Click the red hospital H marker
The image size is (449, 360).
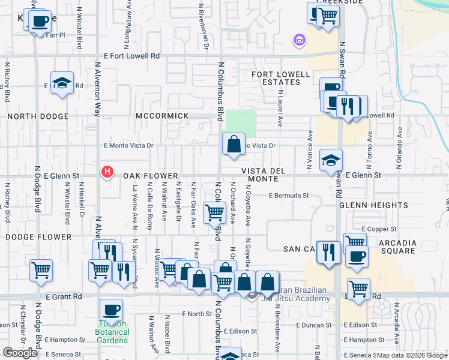pyautogui.click(x=107, y=172)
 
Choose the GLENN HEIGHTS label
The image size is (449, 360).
pyautogui.click(x=373, y=205)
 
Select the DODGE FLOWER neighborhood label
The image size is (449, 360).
pyautogui.click(x=38, y=237)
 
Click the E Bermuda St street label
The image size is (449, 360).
pyautogui.click(x=289, y=196)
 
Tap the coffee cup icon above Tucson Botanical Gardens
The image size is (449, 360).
pyautogui.click(x=111, y=310)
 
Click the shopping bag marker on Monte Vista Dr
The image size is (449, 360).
pyautogui.click(x=234, y=145)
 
